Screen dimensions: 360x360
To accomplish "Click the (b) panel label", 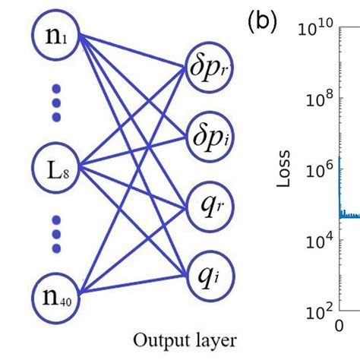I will point(261,24).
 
